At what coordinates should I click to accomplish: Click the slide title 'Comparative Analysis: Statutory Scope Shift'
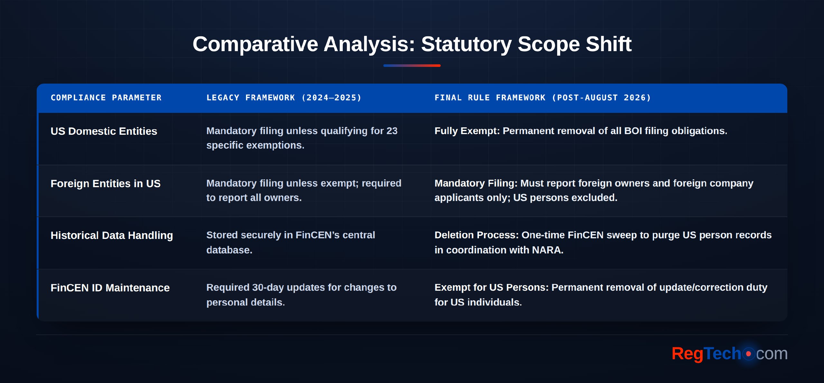click(x=412, y=44)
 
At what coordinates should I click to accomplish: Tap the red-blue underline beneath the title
click(x=412, y=66)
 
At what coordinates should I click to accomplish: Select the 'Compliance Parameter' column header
click(x=106, y=98)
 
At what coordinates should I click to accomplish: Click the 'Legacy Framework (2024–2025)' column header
click(x=284, y=98)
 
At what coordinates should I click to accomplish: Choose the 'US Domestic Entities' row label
click(x=104, y=131)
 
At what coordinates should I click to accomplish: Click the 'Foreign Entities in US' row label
click(x=105, y=184)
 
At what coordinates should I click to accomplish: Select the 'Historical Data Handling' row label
click(x=112, y=236)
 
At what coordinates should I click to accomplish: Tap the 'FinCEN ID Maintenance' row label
click(x=110, y=288)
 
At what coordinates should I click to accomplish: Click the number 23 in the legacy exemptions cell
click(x=392, y=131)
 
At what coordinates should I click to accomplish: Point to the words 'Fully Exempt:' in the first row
click(x=467, y=131)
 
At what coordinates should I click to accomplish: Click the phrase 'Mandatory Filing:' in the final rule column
click(x=476, y=184)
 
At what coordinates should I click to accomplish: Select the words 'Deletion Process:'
click(x=477, y=235)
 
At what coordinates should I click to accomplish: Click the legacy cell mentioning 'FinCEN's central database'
click(x=291, y=242)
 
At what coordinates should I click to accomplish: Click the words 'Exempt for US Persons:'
click(x=492, y=287)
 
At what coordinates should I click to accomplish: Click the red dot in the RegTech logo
click(x=748, y=354)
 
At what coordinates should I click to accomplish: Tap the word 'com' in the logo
click(x=772, y=354)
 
